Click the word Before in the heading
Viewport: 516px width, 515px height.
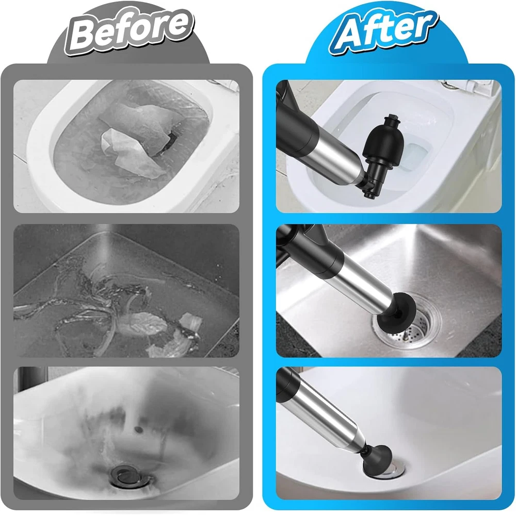[x=129, y=32]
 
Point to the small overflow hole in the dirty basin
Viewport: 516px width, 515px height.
[x=138, y=429]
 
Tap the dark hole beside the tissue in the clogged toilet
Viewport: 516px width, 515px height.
[x=170, y=142]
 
